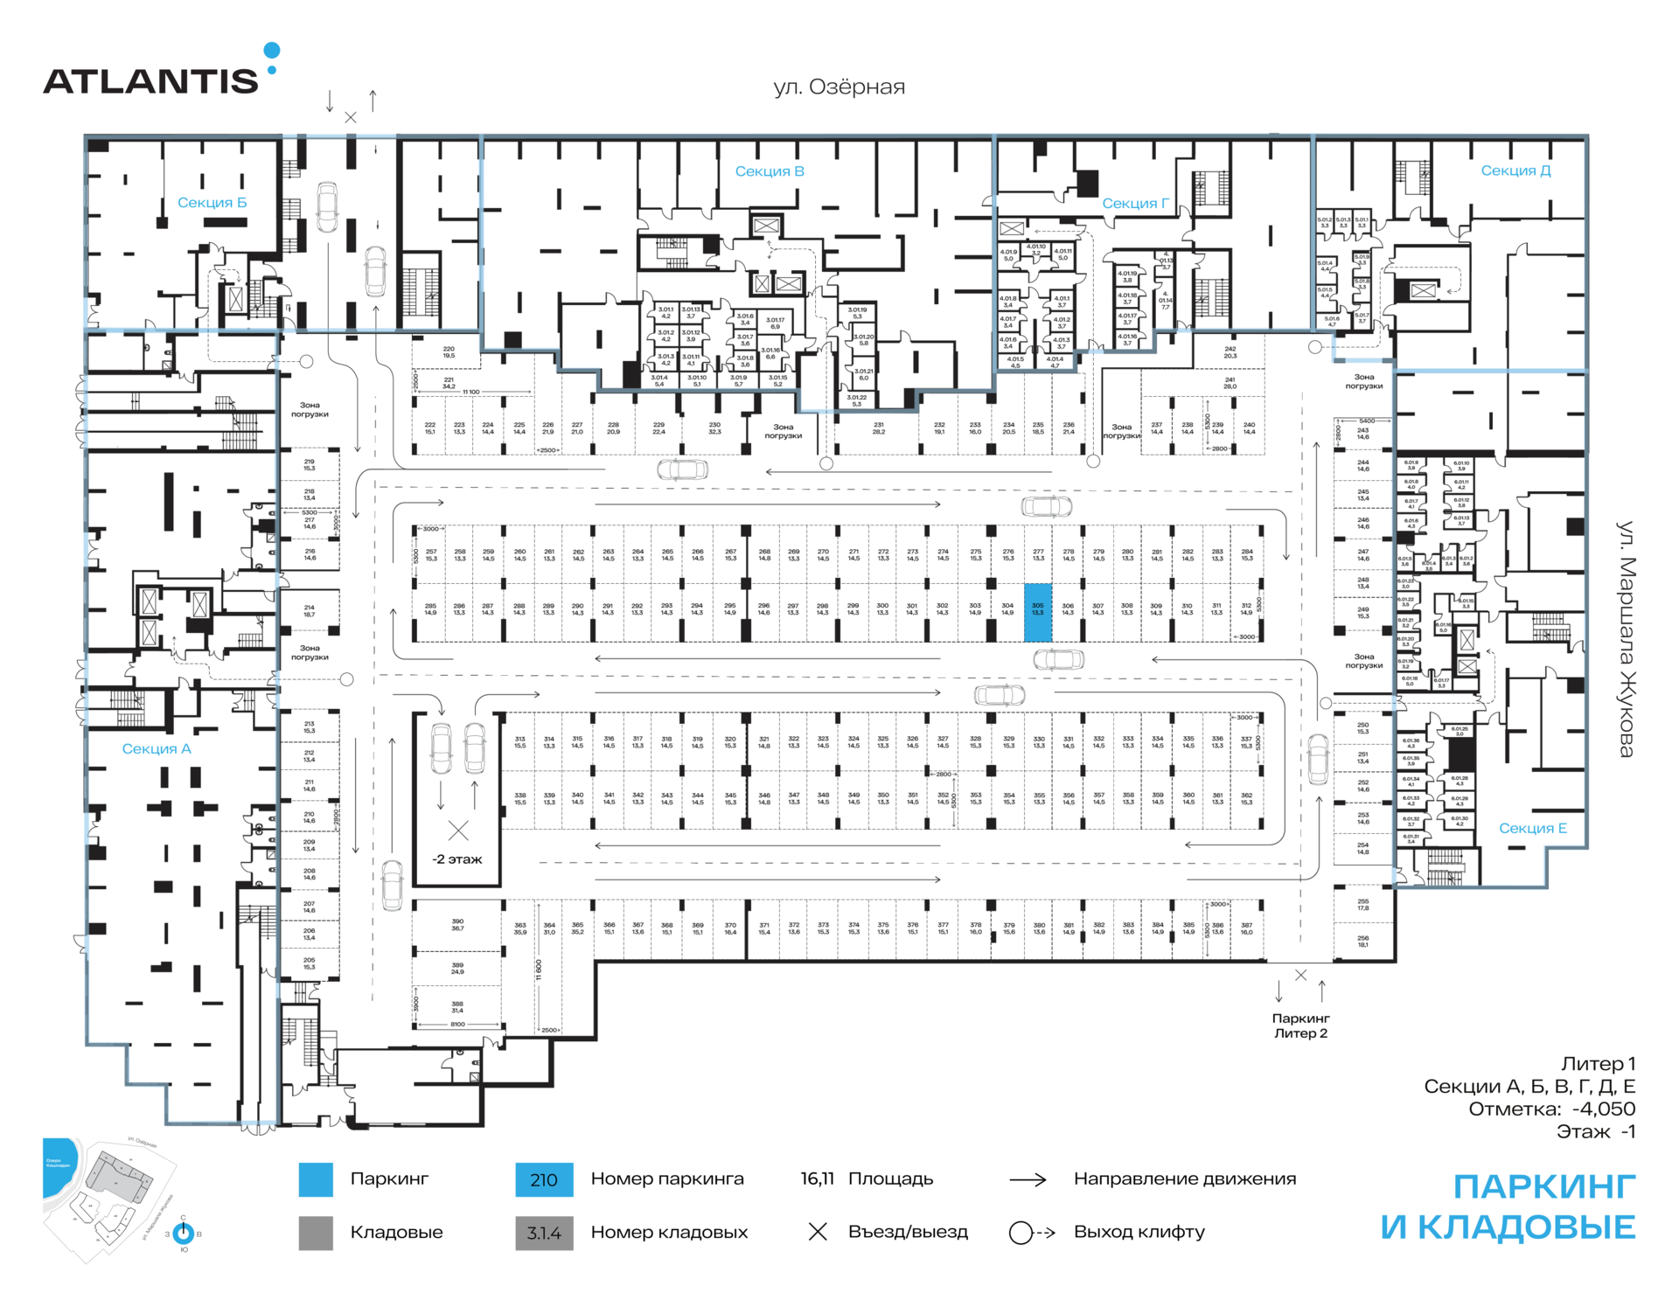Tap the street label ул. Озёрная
click(x=839, y=87)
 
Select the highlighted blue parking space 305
click(x=1037, y=612)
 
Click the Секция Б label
click(x=212, y=203)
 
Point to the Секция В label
click(x=770, y=171)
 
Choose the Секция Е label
click(x=1532, y=828)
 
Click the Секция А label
click(x=157, y=748)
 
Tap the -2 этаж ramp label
click(x=457, y=859)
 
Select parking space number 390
click(x=457, y=924)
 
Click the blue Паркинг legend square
click(x=316, y=1179)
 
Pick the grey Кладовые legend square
click(x=316, y=1233)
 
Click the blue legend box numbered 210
click(x=544, y=1179)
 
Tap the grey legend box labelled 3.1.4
click(x=544, y=1234)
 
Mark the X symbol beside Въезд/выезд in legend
click(x=818, y=1232)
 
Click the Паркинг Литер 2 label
click(x=1300, y=1025)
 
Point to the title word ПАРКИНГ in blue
click(x=1543, y=1187)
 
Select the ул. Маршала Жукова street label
click(x=1626, y=639)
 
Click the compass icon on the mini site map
click(x=184, y=1234)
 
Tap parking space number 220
click(x=449, y=352)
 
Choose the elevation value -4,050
click(x=1603, y=1109)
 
